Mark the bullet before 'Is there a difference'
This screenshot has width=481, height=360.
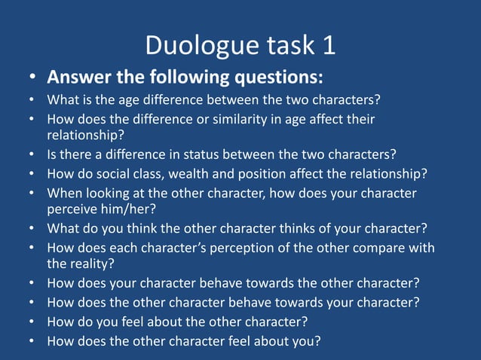[32, 155]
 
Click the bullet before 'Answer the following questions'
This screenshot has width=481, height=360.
[32, 78]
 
